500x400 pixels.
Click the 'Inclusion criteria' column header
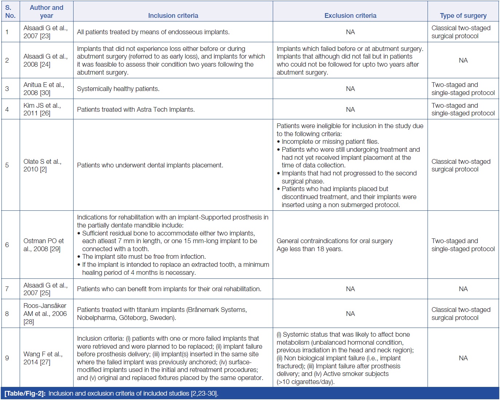(173, 16)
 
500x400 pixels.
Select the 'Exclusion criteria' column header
(350, 16)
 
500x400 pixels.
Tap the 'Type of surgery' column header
(463, 16)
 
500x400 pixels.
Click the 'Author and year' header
(46, 12)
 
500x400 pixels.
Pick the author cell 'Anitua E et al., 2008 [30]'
(44, 89)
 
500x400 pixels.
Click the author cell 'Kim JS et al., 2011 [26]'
(42, 109)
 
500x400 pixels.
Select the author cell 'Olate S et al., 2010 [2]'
(42, 165)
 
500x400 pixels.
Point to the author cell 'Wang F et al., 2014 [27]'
(43, 358)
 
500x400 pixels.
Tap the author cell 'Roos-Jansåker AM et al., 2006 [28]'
(45, 314)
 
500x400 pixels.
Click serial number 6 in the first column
(7, 245)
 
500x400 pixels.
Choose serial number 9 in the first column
(7, 358)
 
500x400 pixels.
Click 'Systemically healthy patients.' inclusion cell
(118, 89)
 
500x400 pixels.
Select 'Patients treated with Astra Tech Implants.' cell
(136, 110)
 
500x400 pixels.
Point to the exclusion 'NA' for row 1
(350, 32)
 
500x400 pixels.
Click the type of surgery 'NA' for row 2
(463, 60)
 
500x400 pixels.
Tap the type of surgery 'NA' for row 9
(463, 358)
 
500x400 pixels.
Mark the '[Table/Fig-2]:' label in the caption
(25, 393)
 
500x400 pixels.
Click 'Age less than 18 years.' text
(310, 249)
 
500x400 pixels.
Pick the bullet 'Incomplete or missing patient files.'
(330, 142)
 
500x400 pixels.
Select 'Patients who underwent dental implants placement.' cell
(150, 165)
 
